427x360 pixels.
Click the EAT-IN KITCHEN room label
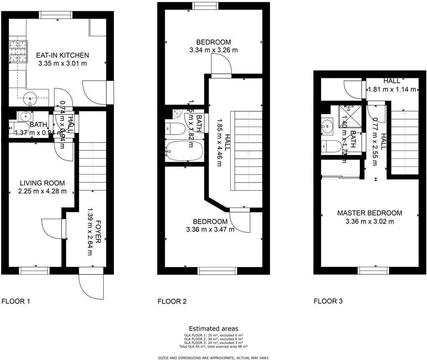[x=63, y=55]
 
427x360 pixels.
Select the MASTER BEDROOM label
[x=369, y=213]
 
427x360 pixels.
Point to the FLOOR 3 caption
[x=328, y=301]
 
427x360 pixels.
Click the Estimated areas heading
[x=213, y=329]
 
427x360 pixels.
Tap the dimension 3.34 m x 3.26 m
[x=213, y=50]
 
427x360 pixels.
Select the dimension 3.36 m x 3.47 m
[x=210, y=229]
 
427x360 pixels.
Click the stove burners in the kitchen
[x=18, y=52]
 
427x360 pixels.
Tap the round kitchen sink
[x=30, y=99]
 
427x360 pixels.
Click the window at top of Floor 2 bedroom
[x=206, y=5]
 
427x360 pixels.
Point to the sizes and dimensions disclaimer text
[x=213, y=357]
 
